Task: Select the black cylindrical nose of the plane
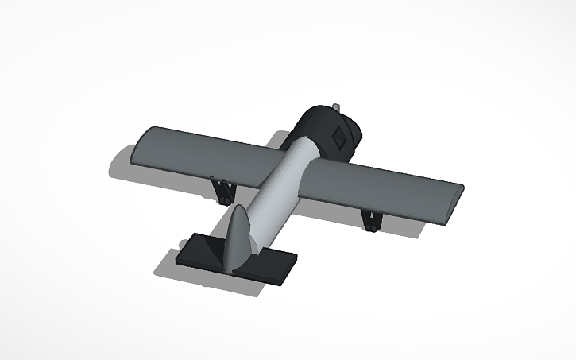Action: [x=322, y=127]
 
